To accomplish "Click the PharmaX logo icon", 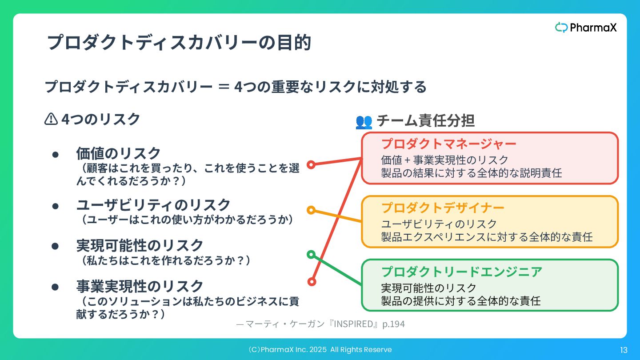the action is [561, 28].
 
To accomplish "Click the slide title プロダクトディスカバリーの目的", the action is [179, 43].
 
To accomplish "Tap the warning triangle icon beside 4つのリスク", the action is [51, 119].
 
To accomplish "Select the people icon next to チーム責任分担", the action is [364, 121].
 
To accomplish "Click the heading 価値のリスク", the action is [119, 153].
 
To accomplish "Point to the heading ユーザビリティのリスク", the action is [153, 205].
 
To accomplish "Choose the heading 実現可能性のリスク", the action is [140, 245].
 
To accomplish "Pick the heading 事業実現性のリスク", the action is [140, 286].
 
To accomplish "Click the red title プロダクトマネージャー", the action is [449, 144].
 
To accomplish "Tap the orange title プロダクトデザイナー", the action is [443, 208].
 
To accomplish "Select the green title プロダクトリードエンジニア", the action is [462, 272].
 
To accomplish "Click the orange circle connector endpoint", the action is [311, 210].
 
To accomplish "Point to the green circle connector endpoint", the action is [311, 254].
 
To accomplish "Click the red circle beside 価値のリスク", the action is [311, 164].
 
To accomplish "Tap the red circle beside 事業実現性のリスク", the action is [312, 281].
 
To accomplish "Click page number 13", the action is [624, 350].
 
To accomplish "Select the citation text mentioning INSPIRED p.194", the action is [320, 324].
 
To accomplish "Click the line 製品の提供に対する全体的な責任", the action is [461, 301].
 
